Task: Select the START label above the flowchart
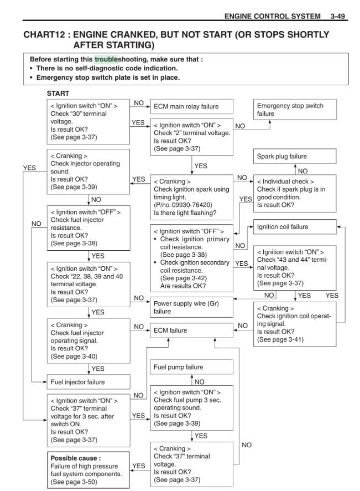[x=59, y=94]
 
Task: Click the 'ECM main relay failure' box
[x=191, y=106]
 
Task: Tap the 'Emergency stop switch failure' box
[x=295, y=110]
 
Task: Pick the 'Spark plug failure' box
[x=295, y=157]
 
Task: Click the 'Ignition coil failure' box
[x=295, y=227]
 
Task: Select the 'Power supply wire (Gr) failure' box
[x=191, y=307]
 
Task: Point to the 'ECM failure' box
[x=191, y=330]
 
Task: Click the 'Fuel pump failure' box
[x=191, y=367]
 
